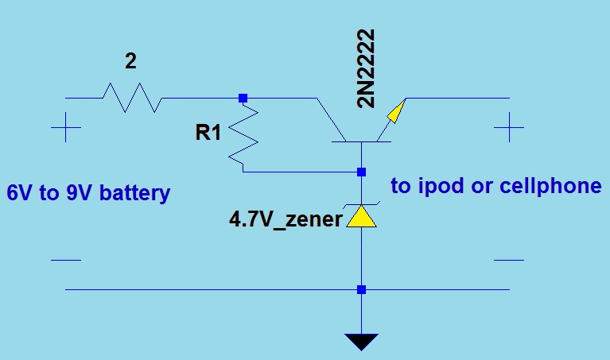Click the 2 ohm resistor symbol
pyautogui.click(x=132, y=98)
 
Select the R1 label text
pyautogui.click(x=208, y=133)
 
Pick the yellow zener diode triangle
pyautogui.click(x=362, y=217)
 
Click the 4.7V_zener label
pyautogui.click(x=286, y=219)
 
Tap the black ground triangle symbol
pyautogui.click(x=362, y=342)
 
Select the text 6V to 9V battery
pyautogui.click(x=88, y=193)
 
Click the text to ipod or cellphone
pyautogui.click(x=495, y=186)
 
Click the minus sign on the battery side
pyautogui.click(x=65, y=260)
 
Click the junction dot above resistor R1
pyautogui.click(x=243, y=98)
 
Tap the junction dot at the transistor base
pyautogui.click(x=362, y=172)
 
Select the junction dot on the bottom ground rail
pyautogui.click(x=362, y=289)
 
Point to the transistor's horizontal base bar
pyautogui.click(x=362, y=142)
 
